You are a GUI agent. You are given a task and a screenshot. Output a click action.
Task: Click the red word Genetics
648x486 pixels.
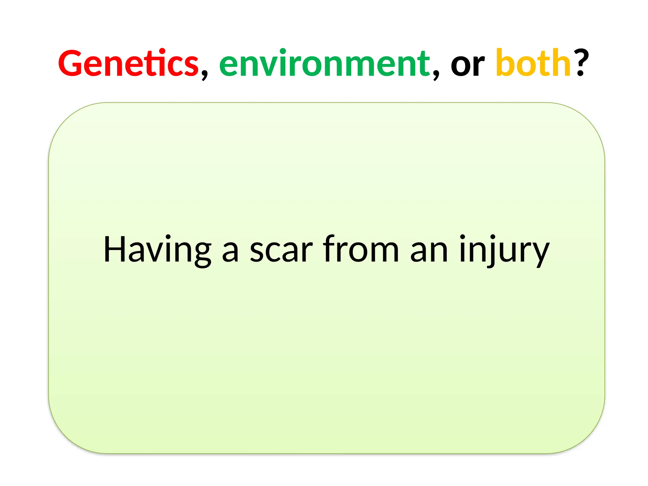tap(128, 64)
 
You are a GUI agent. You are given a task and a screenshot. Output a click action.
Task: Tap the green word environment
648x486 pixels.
tap(324, 64)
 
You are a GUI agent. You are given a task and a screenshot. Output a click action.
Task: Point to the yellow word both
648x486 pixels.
tap(533, 63)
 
